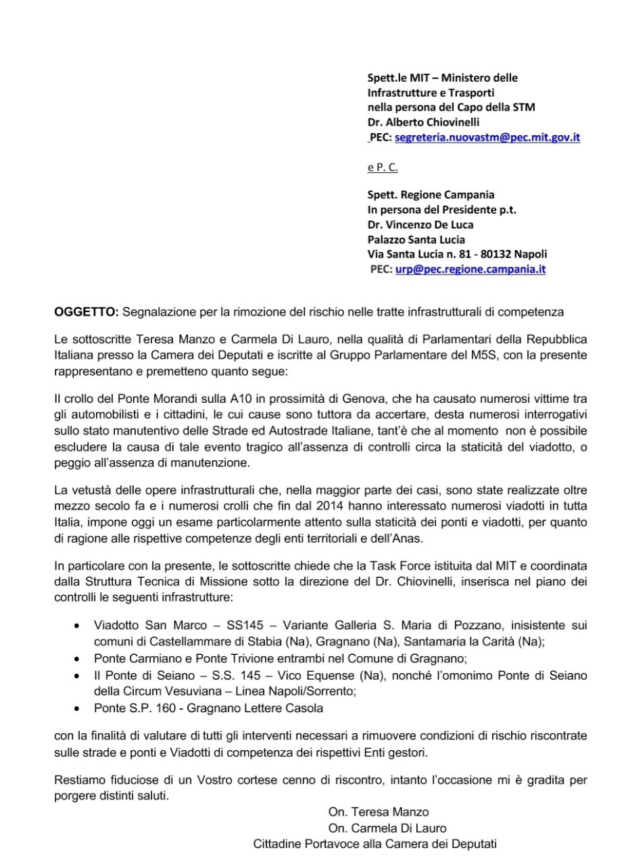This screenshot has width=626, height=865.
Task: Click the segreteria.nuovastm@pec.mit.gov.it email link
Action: click(487, 137)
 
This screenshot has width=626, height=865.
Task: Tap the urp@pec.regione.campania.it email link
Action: click(471, 269)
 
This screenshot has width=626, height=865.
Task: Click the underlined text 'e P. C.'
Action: click(383, 167)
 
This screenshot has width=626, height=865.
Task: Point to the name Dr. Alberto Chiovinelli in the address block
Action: click(423, 122)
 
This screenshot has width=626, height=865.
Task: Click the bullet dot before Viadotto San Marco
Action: click(79, 626)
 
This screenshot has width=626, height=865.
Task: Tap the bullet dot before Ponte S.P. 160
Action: click(79, 708)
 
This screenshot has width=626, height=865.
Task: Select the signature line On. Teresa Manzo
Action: click(379, 812)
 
